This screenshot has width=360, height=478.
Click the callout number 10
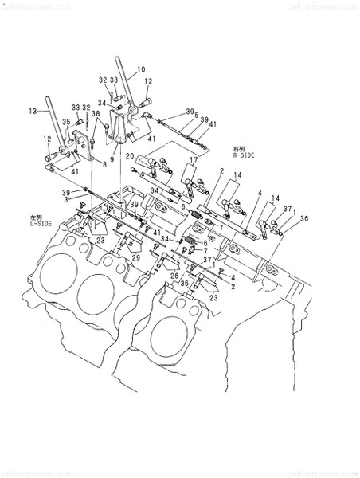140,69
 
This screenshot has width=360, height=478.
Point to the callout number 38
96,114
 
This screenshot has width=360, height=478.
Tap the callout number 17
192,162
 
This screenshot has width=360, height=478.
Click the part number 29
135,258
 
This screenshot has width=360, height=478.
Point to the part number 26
174,276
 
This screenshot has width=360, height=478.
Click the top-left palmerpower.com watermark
29,5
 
